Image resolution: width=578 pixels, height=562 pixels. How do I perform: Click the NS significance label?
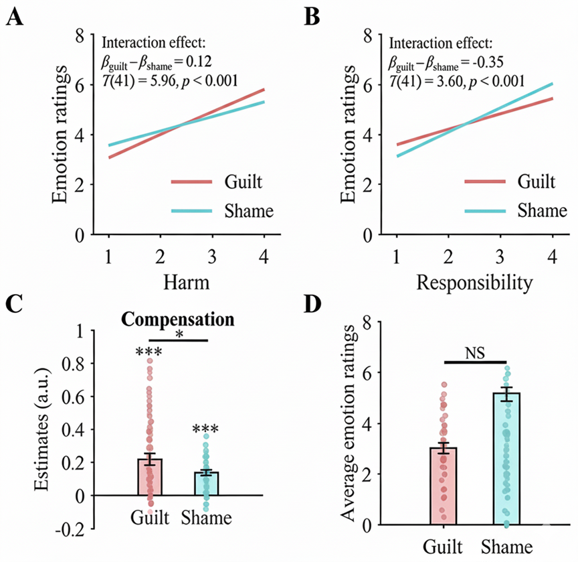click(x=475, y=353)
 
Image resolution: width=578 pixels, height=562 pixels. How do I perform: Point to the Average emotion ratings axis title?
click(x=349, y=421)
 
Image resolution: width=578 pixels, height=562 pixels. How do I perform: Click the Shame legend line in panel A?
click(x=192, y=211)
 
